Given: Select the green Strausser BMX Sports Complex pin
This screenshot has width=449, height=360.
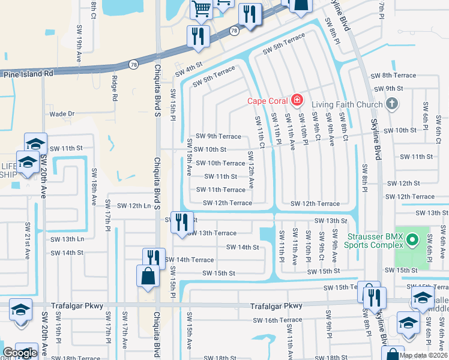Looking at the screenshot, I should [x=412, y=241].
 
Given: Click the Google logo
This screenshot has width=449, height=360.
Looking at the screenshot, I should [x=20, y=353].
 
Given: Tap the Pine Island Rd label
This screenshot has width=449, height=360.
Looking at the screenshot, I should [x=28, y=74].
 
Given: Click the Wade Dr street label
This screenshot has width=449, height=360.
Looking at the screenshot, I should [x=62, y=113].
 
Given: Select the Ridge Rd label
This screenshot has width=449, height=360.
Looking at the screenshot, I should [x=114, y=88].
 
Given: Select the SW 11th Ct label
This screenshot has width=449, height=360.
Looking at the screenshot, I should [x=261, y=131].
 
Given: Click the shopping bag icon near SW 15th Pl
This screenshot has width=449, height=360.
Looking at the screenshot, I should [x=148, y=277].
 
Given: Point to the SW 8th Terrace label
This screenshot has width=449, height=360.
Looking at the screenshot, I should [x=393, y=76].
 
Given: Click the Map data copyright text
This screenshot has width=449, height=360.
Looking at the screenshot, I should [x=423, y=355].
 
